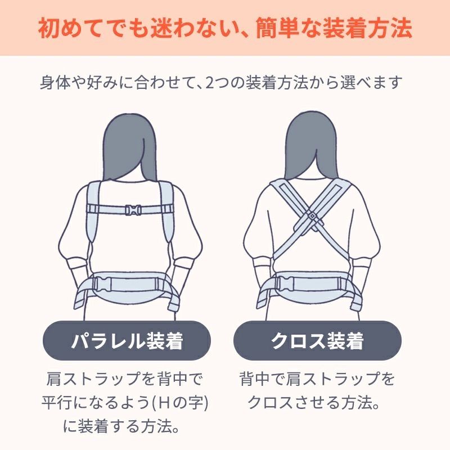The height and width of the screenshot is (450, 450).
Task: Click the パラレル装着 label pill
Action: [127, 341]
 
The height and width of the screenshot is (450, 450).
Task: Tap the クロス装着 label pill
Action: [317, 341]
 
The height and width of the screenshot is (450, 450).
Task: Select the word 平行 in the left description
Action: [55, 403]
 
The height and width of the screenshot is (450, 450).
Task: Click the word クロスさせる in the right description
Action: [291, 403]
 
